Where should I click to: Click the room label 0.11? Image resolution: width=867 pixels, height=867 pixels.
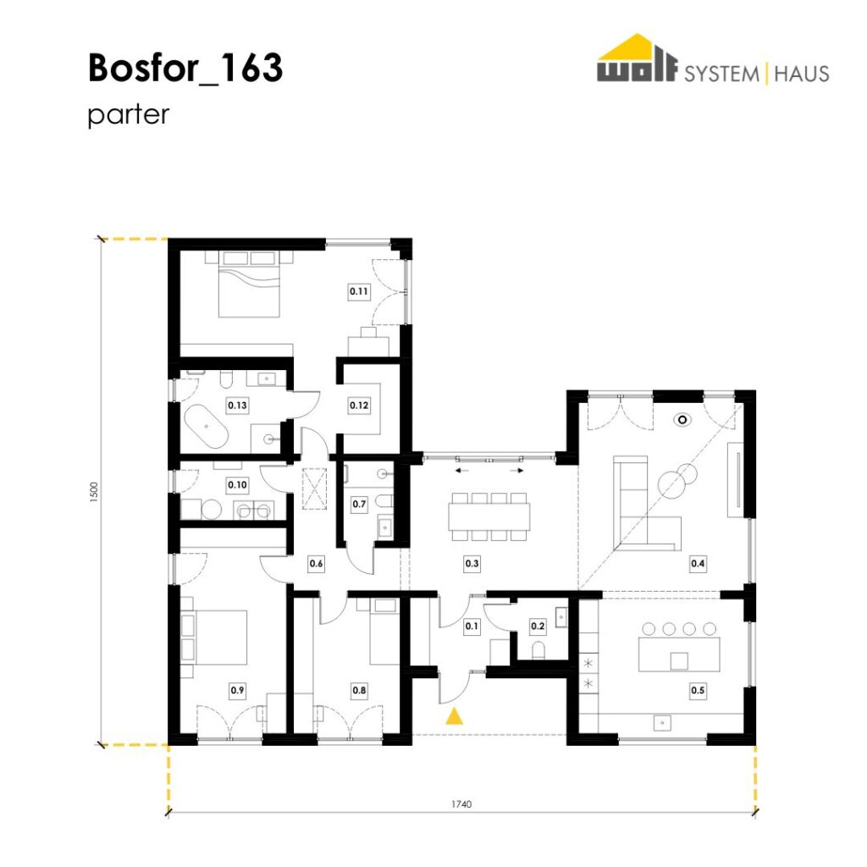(x=359, y=291)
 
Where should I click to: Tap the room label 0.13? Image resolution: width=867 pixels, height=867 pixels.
(x=237, y=406)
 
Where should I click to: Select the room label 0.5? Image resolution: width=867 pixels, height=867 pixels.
(x=698, y=690)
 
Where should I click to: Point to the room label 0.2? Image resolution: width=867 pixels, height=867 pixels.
(x=538, y=626)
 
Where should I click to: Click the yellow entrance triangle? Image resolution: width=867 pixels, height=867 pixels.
(x=455, y=715)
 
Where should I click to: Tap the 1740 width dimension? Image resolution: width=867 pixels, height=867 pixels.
(x=461, y=804)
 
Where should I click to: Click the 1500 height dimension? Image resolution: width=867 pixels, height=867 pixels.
(x=93, y=492)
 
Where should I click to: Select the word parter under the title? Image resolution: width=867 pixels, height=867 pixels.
(x=129, y=115)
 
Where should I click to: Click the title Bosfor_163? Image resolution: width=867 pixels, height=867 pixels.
(x=185, y=68)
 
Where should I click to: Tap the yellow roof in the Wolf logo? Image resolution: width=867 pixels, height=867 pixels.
(x=636, y=47)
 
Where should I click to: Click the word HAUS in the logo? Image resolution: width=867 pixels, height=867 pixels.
(x=802, y=74)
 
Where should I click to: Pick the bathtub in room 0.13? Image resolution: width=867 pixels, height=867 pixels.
(x=205, y=427)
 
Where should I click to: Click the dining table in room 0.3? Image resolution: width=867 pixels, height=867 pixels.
(x=489, y=516)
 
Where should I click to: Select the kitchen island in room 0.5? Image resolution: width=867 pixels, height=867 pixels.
(x=680, y=654)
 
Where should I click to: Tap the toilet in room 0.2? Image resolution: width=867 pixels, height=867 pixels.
(x=538, y=649)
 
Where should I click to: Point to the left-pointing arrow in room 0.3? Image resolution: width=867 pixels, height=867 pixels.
(x=461, y=471)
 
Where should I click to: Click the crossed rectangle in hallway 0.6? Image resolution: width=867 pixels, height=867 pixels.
(x=315, y=489)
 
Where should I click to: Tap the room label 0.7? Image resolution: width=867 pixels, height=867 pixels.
(x=359, y=505)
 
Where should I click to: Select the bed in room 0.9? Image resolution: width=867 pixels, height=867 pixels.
(x=214, y=637)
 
